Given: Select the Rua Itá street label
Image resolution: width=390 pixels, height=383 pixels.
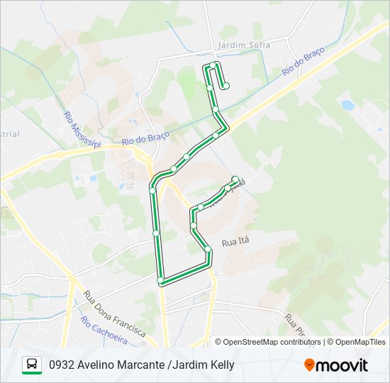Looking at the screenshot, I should [x=236, y=243].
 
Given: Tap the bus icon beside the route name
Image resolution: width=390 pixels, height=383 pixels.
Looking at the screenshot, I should [x=32, y=365].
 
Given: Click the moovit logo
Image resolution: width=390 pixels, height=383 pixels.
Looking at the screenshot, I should [x=336, y=365].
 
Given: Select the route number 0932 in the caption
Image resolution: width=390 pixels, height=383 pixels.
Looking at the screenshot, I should [x=61, y=366].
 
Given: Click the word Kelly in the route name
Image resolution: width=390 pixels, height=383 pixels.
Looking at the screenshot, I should [x=221, y=366].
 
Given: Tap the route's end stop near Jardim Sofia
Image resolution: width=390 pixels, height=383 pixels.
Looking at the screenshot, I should [x=226, y=87].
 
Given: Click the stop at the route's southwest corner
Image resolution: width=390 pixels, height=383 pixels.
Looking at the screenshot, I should [x=160, y=282].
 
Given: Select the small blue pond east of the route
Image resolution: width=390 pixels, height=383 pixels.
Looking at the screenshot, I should [x=347, y=106].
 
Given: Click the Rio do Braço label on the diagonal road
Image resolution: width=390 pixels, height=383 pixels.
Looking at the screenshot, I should [x=303, y=62].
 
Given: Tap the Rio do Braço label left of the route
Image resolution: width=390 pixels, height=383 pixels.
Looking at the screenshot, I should [x=138, y=141].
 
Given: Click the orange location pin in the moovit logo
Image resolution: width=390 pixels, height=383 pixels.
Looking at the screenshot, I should [x=309, y=365].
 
